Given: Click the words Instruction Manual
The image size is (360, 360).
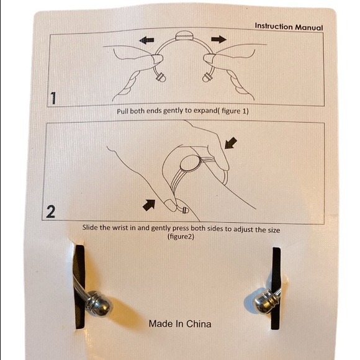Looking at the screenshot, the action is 289,27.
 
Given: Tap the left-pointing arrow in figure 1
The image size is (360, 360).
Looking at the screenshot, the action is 146,40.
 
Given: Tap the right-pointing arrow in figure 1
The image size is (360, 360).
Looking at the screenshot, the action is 219,39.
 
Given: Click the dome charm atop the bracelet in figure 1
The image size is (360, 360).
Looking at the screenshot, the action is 184,35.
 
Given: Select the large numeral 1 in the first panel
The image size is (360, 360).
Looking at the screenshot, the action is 53,98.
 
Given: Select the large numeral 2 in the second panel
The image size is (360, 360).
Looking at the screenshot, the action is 50,212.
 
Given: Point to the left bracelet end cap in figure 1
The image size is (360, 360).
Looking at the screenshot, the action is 161,77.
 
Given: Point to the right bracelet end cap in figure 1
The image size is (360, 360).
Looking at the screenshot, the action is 207,77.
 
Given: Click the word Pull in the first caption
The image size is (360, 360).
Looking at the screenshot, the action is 123,111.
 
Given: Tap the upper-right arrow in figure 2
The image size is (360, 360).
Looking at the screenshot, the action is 231,143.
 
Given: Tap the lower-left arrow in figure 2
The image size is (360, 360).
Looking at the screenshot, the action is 149,205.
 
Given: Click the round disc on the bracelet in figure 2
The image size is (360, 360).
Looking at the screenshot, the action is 190,164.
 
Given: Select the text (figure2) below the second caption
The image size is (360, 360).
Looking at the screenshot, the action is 181,236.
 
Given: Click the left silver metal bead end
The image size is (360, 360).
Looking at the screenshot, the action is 99,304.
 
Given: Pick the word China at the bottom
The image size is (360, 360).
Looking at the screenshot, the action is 199,324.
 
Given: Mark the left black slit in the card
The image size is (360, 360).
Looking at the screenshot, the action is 79,287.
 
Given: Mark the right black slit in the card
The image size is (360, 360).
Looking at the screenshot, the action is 276,289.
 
